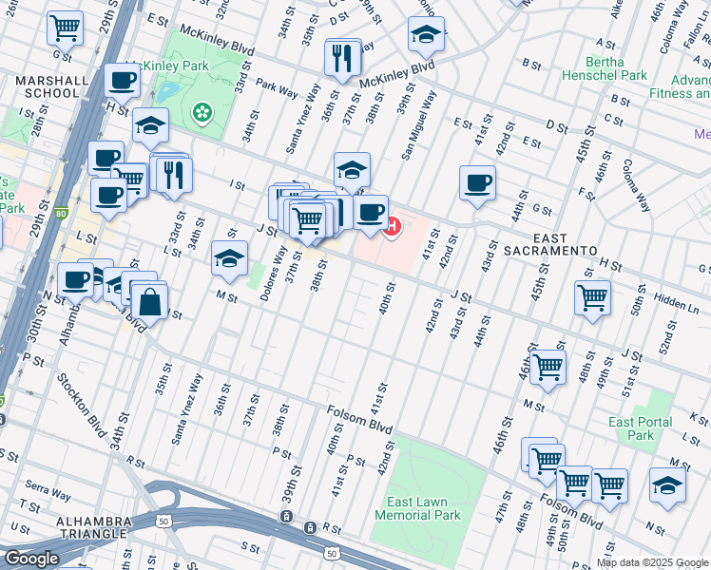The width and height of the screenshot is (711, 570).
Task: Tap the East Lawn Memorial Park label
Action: [417, 508]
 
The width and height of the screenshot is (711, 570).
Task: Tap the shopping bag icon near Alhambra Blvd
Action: [150, 302]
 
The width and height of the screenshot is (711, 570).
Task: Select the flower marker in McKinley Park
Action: [202, 113]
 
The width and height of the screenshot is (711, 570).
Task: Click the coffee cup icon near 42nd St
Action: [477, 181]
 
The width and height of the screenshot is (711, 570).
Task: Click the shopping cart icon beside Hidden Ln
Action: [592, 297]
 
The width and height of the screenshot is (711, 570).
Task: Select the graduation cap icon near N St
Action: [668, 485]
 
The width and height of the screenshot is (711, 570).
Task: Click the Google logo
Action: [31, 559]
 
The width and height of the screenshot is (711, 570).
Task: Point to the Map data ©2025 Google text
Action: [651, 562]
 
